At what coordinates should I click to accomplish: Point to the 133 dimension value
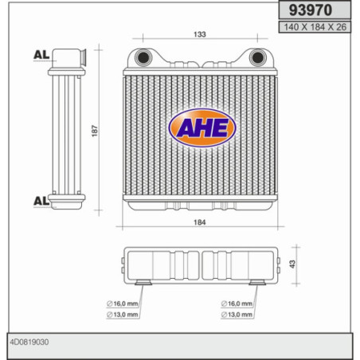click(200, 34)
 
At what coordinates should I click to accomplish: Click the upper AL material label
click(41, 55)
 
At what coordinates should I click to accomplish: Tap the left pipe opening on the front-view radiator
click(143, 58)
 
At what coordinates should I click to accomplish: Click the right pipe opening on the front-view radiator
click(257, 58)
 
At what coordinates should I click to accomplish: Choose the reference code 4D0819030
click(29, 343)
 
